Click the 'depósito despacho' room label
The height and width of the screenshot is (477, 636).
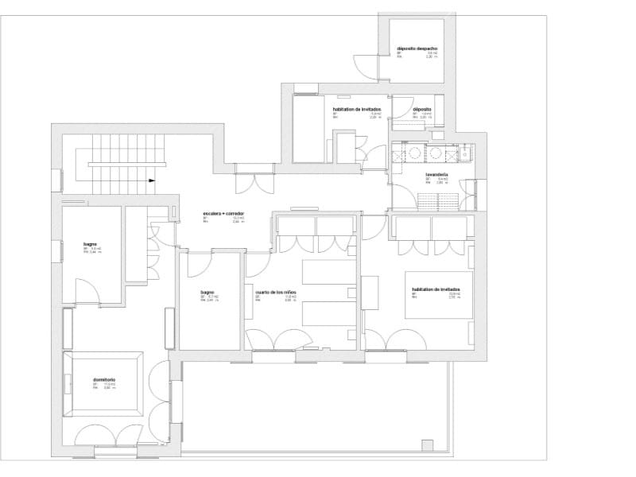(x=417, y=48)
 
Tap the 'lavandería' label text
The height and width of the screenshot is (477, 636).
(x=436, y=173)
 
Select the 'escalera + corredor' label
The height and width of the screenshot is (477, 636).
(x=223, y=215)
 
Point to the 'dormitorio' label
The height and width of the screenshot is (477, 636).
(x=103, y=379)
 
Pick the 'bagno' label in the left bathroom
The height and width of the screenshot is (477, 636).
(x=90, y=243)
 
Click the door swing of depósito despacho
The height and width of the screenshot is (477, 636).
(x=366, y=65)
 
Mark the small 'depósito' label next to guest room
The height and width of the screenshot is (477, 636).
(x=421, y=109)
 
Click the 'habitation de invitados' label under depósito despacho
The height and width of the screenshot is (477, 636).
(x=357, y=109)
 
